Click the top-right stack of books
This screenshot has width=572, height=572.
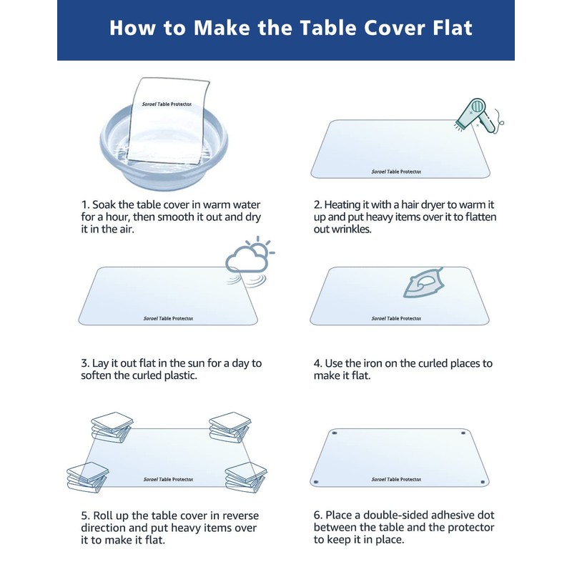228,427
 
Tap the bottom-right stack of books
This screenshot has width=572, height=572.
246,476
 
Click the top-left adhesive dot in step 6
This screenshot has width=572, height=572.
335,433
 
